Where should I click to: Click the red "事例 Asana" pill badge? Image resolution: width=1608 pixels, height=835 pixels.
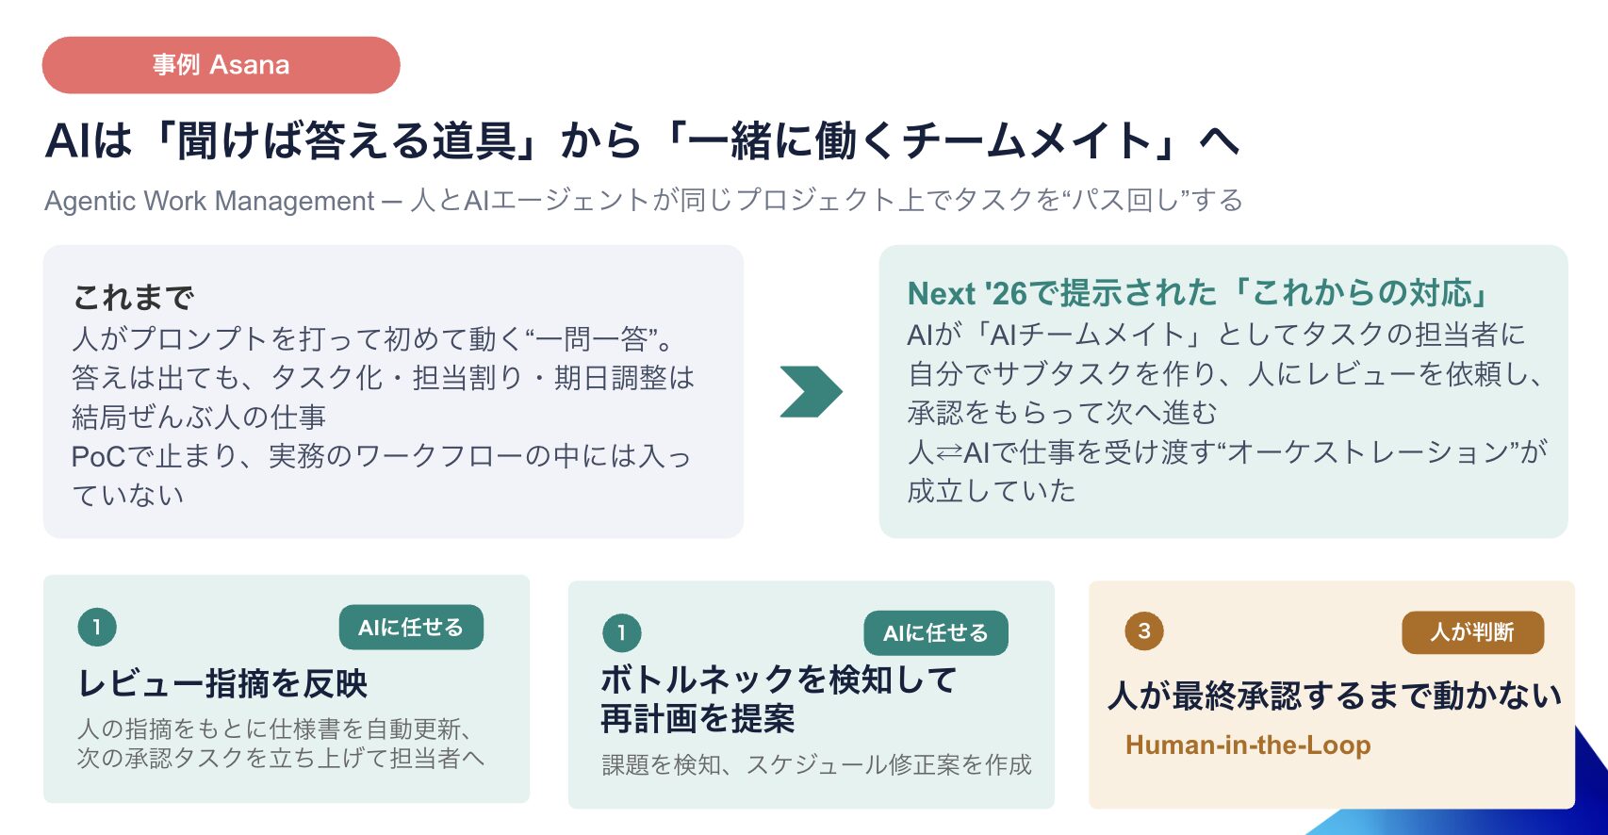[222, 65]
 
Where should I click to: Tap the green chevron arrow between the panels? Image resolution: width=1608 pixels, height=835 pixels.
[812, 391]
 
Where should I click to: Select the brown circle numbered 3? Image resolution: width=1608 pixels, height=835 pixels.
[1143, 631]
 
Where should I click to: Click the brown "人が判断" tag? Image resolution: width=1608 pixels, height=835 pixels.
[1472, 631]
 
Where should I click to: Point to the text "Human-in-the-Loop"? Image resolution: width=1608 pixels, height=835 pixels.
[1248, 745]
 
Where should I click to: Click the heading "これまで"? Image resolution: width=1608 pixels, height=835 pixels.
[134, 297]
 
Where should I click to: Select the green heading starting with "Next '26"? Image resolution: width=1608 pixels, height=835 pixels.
[1197, 293]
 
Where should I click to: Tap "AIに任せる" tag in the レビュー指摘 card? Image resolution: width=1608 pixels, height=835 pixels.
[411, 627]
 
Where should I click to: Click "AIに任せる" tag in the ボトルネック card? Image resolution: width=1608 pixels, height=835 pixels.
[936, 632]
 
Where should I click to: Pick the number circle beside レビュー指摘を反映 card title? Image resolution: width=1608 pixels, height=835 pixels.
[97, 627]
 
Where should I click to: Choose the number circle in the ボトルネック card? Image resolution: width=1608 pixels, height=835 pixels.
[622, 632]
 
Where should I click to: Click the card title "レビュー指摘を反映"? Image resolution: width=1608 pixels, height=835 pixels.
[222, 682]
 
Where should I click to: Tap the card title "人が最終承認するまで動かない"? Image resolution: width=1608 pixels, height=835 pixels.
[1335, 695]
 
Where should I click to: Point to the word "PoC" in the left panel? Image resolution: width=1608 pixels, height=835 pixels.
[98, 456]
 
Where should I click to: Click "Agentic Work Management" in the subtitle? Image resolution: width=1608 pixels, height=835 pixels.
[209, 201]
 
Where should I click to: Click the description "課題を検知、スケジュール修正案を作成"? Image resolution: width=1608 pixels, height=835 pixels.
[817, 764]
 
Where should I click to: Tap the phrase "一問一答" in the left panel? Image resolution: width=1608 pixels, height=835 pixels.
[592, 338]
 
